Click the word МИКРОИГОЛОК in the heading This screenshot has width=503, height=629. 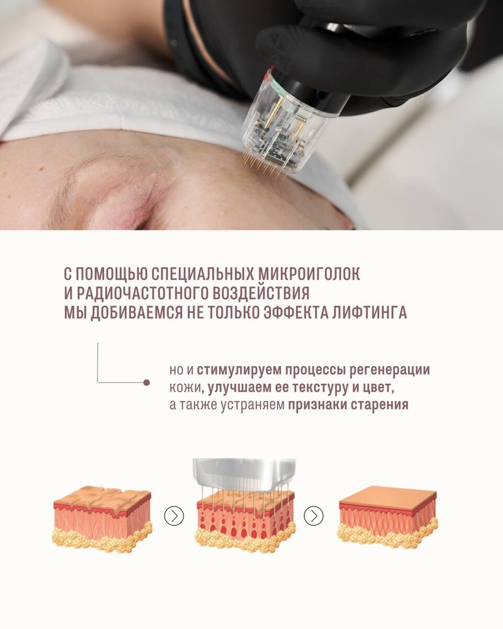pyautogui.click(x=309, y=274)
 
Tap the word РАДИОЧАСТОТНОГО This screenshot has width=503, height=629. pyautogui.click(x=143, y=293)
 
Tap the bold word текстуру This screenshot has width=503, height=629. pyautogui.click(x=320, y=387)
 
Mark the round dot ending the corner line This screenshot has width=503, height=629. pyautogui.click(x=147, y=382)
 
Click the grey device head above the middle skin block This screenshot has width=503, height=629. pyautogui.click(x=244, y=475)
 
